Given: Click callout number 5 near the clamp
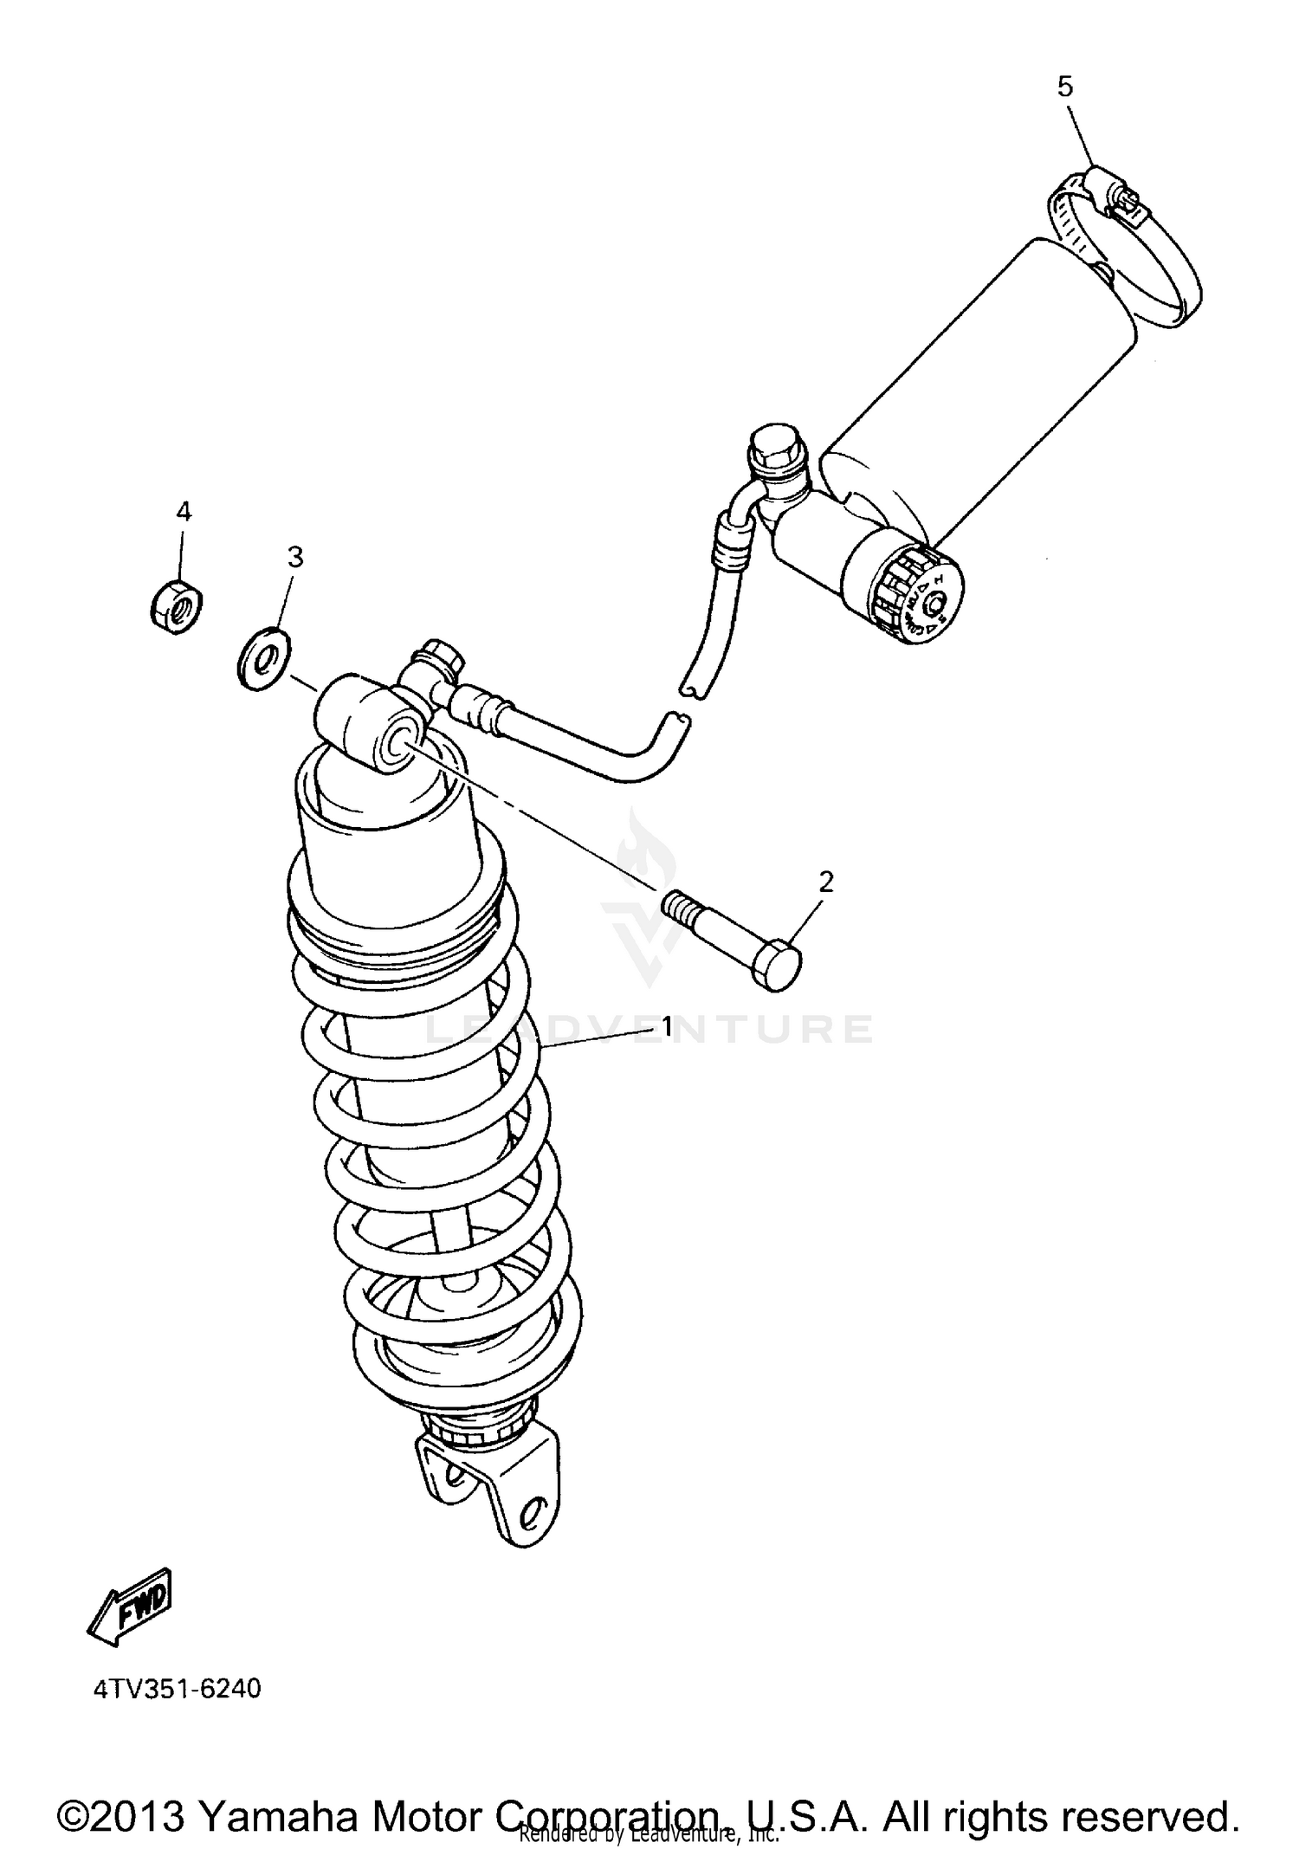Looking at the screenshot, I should tap(1064, 87).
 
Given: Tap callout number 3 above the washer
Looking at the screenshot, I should tap(295, 557).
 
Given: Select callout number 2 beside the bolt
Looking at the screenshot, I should tap(826, 882).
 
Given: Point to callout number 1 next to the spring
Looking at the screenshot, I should tap(667, 1027).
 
